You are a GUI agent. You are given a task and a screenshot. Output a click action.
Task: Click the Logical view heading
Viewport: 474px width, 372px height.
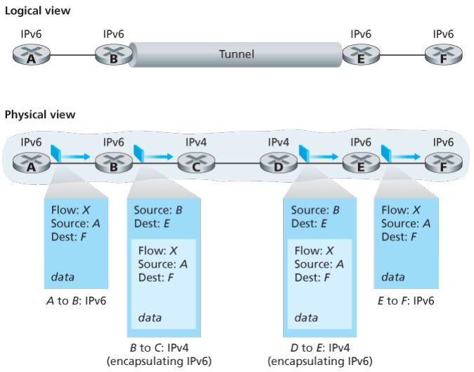(x=37, y=11)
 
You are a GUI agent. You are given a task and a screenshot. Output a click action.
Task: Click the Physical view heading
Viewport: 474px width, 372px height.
(x=39, y=115)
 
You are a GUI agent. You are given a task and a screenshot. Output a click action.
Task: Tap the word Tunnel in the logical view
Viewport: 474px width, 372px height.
(x=237, y=54)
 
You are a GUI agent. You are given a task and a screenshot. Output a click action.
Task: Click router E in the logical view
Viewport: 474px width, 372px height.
(x=361, y=55)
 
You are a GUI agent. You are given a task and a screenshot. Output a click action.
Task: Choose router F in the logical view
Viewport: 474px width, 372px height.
(x=443, y=55)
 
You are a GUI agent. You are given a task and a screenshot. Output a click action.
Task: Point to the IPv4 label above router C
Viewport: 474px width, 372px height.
(x=196, y=142)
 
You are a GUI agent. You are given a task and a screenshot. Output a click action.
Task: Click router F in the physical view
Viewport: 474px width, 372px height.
(x=443, y=163)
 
